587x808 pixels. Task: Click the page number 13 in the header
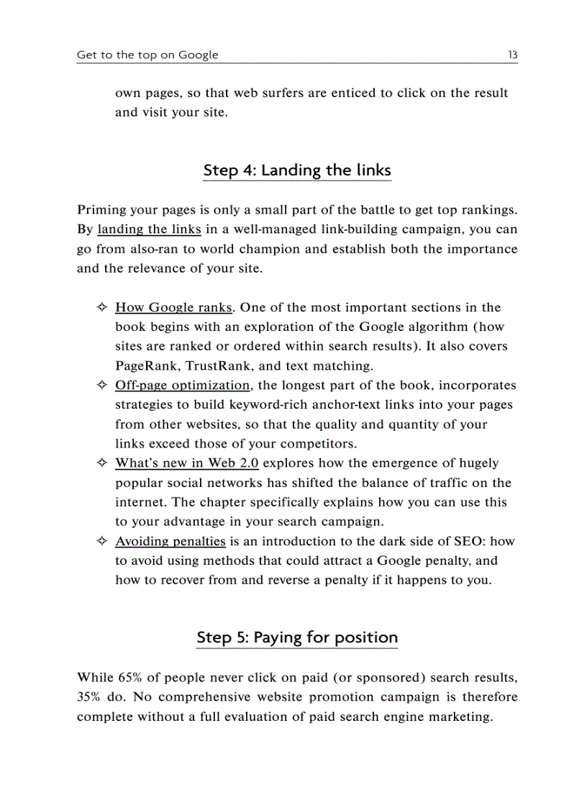click(512, 55)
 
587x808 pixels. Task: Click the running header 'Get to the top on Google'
click(147, 55)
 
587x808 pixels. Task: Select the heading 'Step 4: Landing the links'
click(297, 171)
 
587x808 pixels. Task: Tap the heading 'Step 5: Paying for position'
click(297, 637)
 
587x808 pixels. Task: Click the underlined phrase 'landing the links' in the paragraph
click(149, 230)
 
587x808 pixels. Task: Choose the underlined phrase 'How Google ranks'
click(173, 308)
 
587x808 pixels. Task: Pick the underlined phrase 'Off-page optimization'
click(183, 386)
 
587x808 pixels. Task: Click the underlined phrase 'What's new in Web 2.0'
click(187, 463)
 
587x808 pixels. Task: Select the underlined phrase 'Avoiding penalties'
click(170, 541)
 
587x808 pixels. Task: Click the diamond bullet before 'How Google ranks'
click(101, 308)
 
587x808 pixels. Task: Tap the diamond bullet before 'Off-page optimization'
click(101, 386)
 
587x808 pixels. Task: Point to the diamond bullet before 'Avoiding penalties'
click(101, 541)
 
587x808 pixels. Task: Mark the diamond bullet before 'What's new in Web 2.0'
click(101, 463)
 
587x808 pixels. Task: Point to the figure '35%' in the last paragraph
click(89, 697)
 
